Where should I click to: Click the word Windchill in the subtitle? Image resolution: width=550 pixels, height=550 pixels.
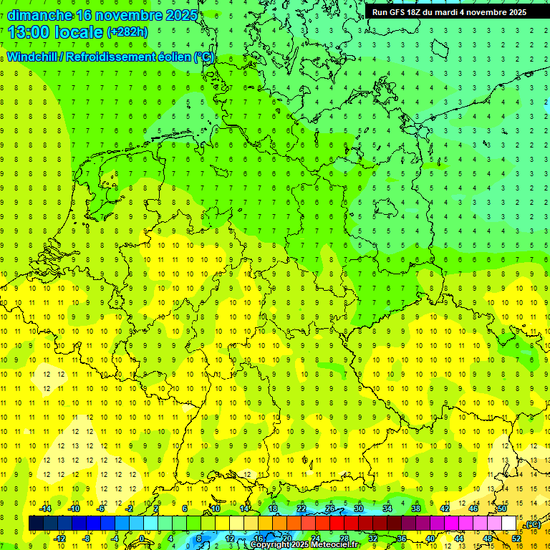click(x=33, y=57)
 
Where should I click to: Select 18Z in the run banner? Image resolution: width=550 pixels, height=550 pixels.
click(x=418, y=12)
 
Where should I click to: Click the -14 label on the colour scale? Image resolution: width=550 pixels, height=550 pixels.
click(x=45, y=508)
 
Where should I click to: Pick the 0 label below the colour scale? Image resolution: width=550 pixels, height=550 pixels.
click(x=142, y=539)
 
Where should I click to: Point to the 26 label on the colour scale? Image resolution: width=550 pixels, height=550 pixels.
click(x=330, y=508)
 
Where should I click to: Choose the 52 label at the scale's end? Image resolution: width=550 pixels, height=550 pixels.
click(x=516, y=539)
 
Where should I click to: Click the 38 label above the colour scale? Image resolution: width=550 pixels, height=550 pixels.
click(x=415, y=508)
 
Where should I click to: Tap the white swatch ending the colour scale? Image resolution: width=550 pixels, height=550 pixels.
click(x=509, y=524)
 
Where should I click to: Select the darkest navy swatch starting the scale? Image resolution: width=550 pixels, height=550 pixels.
click(x=36, y=524)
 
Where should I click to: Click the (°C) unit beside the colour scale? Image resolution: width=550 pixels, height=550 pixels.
click(x=533, y=524)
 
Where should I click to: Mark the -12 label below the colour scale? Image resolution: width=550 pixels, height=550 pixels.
click(x=60, y=539)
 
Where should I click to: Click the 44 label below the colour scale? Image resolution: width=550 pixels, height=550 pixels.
click(x=458, y=539)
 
